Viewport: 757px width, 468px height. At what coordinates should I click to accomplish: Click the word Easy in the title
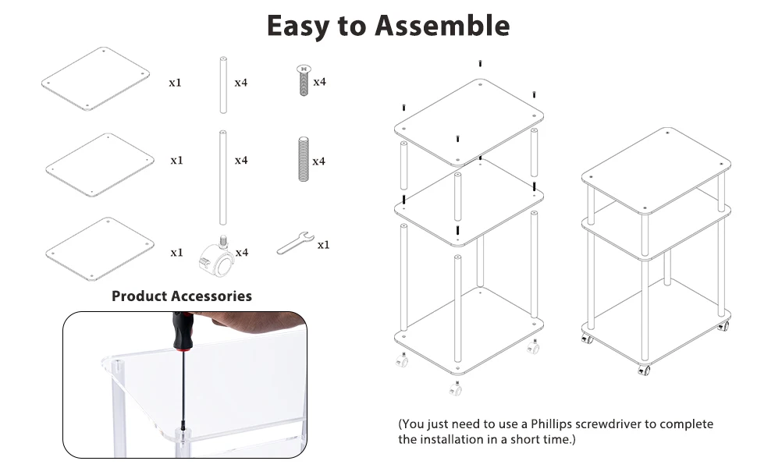[298, 26]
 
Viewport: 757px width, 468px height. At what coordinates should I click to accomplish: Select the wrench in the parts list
[295, 243]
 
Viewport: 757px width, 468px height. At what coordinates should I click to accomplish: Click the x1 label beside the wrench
[323, 245]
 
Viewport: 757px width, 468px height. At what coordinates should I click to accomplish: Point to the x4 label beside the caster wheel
[242, 253]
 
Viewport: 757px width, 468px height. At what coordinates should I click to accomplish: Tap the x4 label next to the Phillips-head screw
[319, 82]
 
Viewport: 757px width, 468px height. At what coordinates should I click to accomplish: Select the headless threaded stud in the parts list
[302, 160]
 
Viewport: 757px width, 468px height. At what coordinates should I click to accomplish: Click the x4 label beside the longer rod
[242, 161]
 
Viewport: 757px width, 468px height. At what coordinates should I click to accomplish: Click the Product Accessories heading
[182, 296]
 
